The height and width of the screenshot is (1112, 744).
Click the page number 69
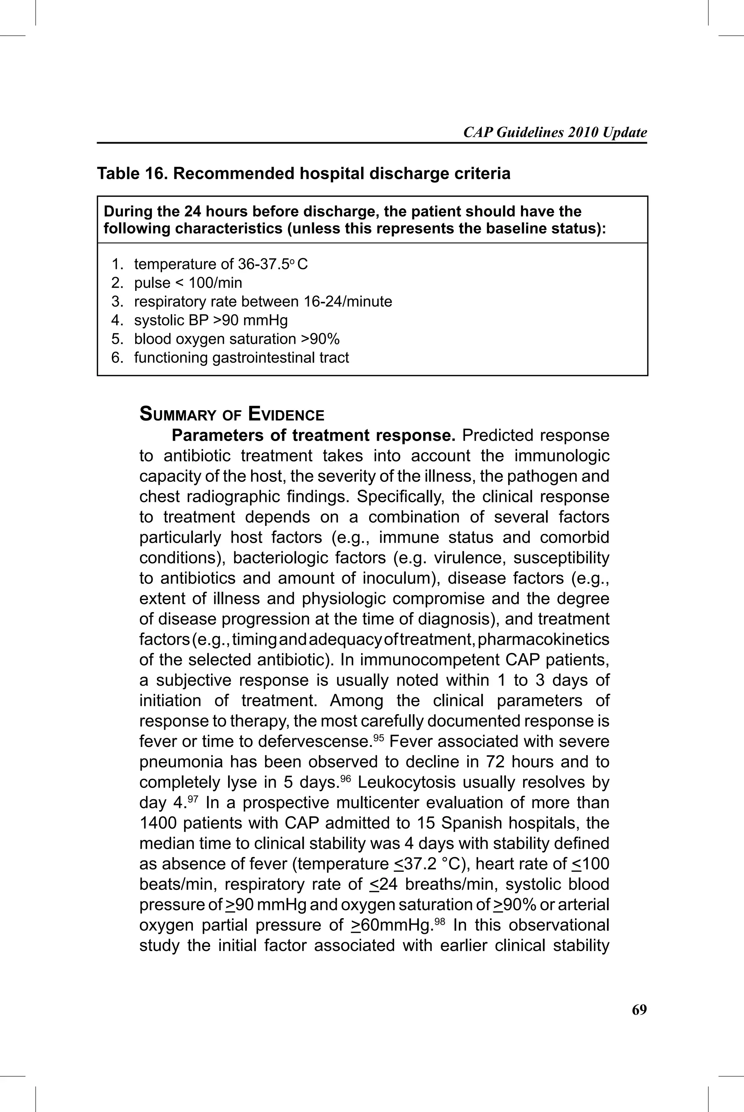pyautogui.click(x=639, y=1010)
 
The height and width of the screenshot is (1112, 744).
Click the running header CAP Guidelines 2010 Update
pyautogui.click(x=555, y=132)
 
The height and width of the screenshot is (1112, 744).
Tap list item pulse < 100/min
pyautogui.click(x=188, y=283)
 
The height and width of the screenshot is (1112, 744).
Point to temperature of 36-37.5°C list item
pyautogui.click(x=221, y=264)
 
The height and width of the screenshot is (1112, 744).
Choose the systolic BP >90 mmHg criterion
pyautogui.click(x=211, y=320)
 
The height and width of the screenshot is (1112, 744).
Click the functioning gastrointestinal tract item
pyautogui.click(x=241, y=357)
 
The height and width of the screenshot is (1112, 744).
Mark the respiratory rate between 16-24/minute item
pyautogui.click(x=263, y=301)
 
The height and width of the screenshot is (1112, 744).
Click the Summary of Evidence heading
pyautogui.click(x=231, y=415)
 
